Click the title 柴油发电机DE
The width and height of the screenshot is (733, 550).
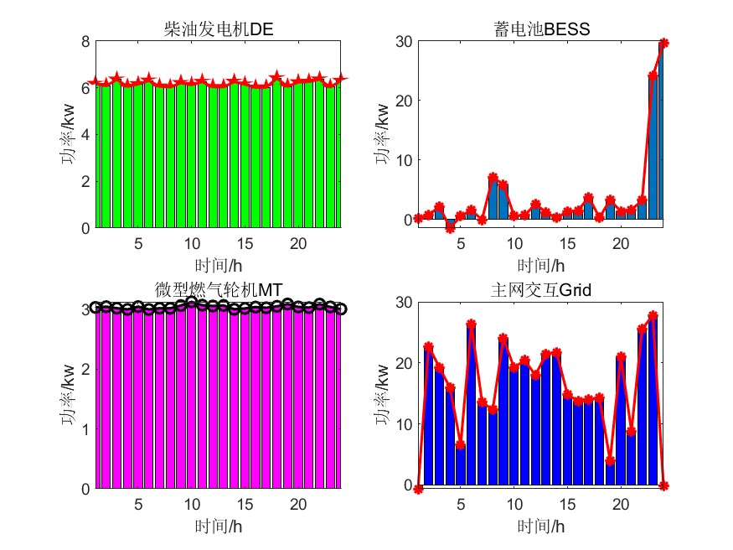pos(219,30)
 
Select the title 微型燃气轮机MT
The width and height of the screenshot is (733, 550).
pos(219,289)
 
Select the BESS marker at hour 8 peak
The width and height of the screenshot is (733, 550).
pos(493,178)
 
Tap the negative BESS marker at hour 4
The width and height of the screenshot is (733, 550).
pos(450,228)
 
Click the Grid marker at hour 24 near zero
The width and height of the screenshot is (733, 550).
pos(663,485)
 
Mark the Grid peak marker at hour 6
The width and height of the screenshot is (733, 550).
pos(471,324)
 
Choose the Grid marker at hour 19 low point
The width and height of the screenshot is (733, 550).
pos(610,460)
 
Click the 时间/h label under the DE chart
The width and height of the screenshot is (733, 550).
pos(219,266)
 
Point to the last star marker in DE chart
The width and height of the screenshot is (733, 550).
pos(341,78)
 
